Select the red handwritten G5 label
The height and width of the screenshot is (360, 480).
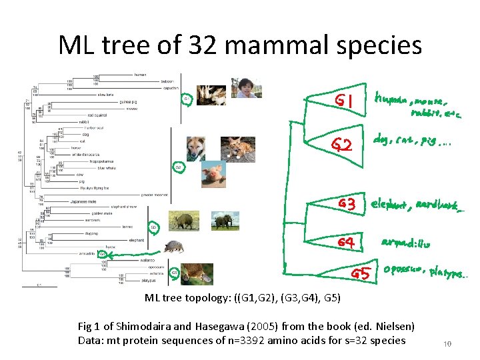[x=361, y=273]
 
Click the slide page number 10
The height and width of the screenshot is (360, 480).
[x=448, y=344]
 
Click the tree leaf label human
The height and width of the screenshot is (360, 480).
[x=140, y=75]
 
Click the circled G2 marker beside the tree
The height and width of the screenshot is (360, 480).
[x=178, y=167]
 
